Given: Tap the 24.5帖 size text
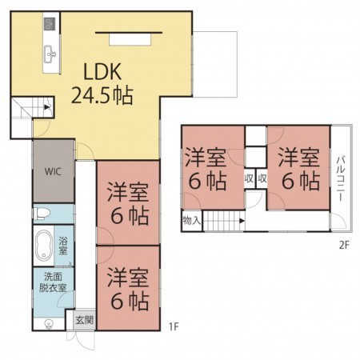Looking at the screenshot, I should pyautogui.click(x=102, y=96).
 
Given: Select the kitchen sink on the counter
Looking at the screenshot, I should pyautogui.click(x=50, y=54).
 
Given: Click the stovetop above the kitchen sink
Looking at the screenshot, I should pyautogui.click(x=50, y=24).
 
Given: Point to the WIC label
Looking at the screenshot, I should pyautogui.click(x=54, y=171).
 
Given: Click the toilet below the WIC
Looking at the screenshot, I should pyautogui.click(x=44, y=214).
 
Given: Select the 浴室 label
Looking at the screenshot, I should pyautogui.click(x=63, y=246).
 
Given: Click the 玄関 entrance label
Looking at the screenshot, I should pyautogui.click(x=83, y=319).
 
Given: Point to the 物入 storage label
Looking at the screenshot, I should pyautogui.click(x=192, y=218).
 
